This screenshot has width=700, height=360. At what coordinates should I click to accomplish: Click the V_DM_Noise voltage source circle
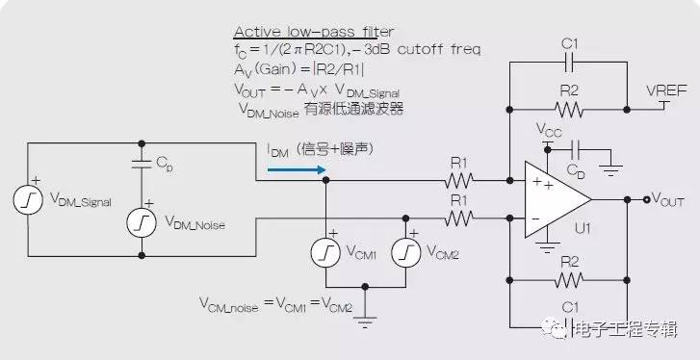point(143,223)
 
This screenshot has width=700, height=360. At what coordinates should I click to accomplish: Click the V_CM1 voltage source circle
point(326,251)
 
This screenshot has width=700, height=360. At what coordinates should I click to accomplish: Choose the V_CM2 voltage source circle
point(405,251)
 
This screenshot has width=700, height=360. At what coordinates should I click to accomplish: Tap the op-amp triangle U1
point(555,200)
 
